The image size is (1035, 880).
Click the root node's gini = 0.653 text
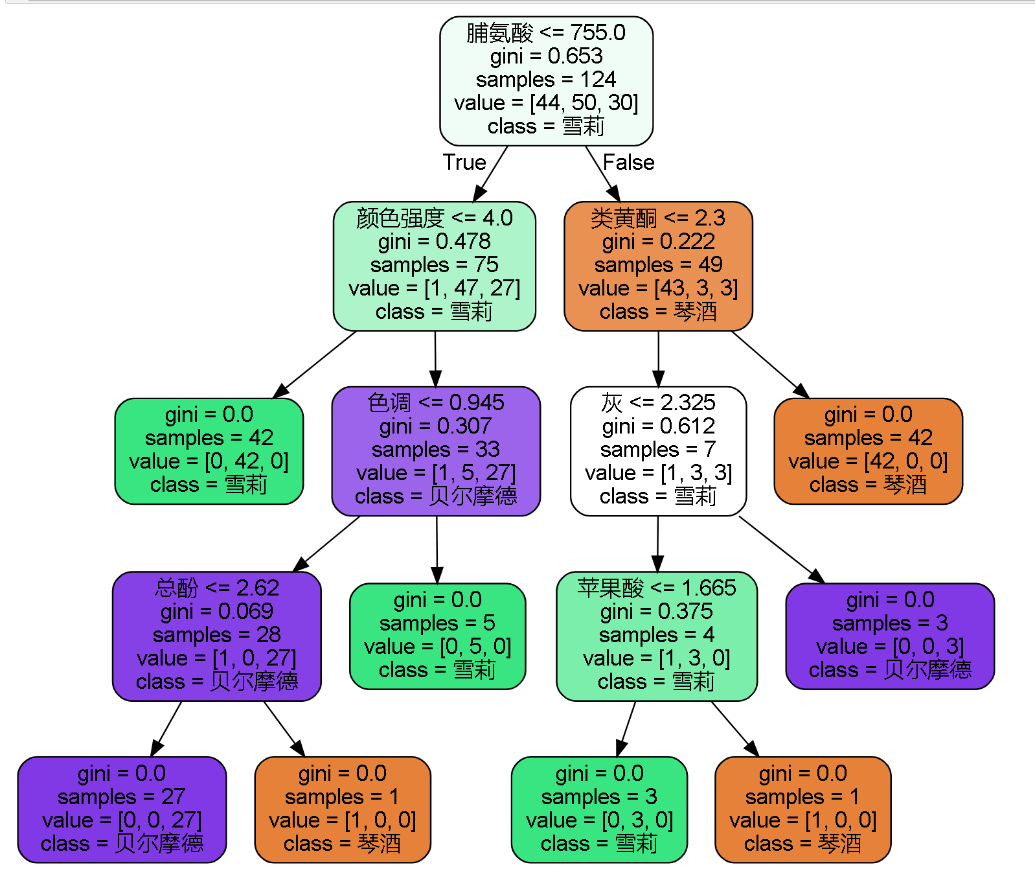pos(546,56)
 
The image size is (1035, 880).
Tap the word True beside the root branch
pos(464,162)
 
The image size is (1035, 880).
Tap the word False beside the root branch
pos(628,162)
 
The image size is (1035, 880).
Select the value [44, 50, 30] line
pos(546,103)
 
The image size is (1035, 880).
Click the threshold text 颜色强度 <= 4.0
pos(434,218)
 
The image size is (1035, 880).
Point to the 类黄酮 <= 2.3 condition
pos(657,218)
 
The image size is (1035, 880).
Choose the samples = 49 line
pos(658,265)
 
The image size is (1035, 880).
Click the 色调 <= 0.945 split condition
pos(435,403)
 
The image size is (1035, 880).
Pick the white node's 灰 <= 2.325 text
pos(658,403)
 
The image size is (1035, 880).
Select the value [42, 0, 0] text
pos(868,461)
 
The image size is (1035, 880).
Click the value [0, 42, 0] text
pos(209,461)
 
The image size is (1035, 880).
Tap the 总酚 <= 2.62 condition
pos(216,588)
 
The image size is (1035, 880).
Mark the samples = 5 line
pos(437,623)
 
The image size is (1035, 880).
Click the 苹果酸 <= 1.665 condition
pos(656,588)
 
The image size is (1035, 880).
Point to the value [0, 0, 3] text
pos(890,647)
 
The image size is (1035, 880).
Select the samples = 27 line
pos(122,797)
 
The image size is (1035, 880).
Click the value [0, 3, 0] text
pos(599,820)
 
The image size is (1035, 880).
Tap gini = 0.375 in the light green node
pos(656,611)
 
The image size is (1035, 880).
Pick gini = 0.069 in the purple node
pos(216,611)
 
